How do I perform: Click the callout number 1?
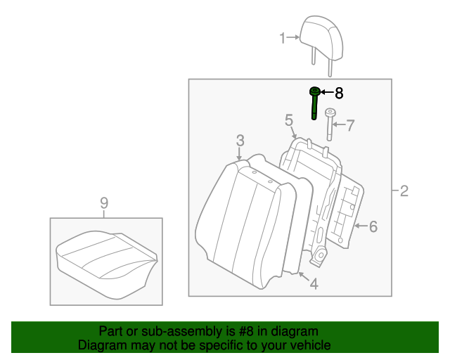[283, 38]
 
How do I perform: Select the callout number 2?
[404, 191]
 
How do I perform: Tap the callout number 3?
[240, 139]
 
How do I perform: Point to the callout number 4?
[314, 284]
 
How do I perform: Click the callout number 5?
[289, 121]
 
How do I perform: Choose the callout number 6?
[373, 226]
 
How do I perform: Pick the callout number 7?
[350, 125]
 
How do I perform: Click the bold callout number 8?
[339, 92]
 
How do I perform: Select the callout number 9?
[104, 203]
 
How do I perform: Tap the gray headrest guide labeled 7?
[330, 124]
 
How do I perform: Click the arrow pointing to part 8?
[327, 92]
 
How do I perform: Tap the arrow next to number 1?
[293, 38]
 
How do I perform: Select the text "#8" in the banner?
[248, 331]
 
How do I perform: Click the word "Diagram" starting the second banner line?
[101, 345]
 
